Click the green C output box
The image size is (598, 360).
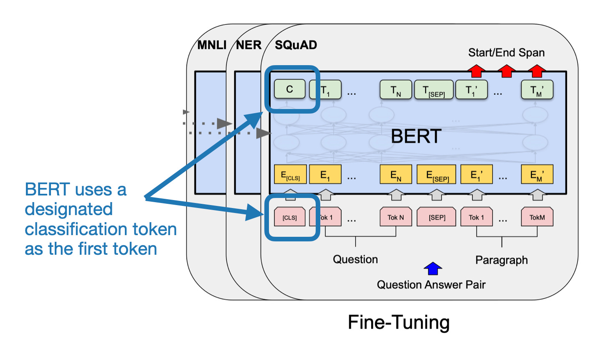click(290, 89)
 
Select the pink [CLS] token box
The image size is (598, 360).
click(290, 217)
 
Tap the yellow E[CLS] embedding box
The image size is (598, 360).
click(290, 175)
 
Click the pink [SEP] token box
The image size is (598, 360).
click(436, 217)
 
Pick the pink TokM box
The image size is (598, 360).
click(537, 217)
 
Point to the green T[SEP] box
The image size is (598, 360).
click(434, 89)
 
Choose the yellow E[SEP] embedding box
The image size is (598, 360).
click(436, 175)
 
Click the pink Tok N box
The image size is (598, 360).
click(396, 217)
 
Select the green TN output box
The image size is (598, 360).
click(396, 89)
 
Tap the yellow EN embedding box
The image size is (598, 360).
click(396, 175)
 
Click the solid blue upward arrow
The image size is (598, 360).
click(433, 269)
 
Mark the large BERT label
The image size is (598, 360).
click(416, 136)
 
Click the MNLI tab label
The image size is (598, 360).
click(212, 45)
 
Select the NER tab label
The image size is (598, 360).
click(249, 45)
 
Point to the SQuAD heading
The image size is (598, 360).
click(296, 45)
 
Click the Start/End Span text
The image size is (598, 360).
click(507, 53)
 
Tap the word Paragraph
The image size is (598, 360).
click(502, 260)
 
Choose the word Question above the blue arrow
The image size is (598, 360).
click(355, 259)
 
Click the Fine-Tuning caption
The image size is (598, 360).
click(399, 322)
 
